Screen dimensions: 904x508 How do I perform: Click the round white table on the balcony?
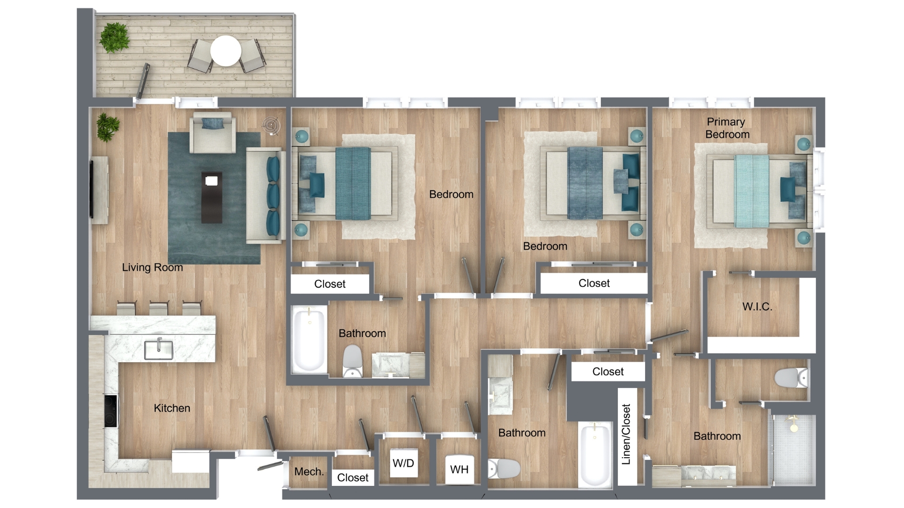click(x=226, y=51)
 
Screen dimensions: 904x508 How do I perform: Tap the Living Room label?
click(x=153, y=267)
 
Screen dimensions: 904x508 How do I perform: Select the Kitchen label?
click(x=172, y=408)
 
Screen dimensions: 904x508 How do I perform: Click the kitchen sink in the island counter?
click(x=158, y=349)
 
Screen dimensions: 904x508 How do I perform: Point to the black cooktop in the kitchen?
click(x=111, y=411)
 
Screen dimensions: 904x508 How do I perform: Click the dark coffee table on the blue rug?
click(x=211, y=197)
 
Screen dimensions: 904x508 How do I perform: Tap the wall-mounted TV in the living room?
click(x=92, y=189)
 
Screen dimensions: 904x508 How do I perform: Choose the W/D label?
click(x=404, y=463)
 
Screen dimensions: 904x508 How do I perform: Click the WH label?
click(x=459, y=469)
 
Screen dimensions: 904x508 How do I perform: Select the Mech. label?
click(x=309, y=472)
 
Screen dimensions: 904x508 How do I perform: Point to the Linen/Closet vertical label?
click(x=626, y=434)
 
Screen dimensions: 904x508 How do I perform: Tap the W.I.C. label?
click(x=757, y=307)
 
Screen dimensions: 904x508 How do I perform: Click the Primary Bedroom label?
click(x=727, y=128)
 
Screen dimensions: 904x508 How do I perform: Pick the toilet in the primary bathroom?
click(x=791, y=378)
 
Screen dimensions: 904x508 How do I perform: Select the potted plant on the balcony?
click(x=114, y=37)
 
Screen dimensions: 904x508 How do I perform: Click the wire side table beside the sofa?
click(x=272, y=125)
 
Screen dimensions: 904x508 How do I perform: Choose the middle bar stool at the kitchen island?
click(x=159, y=309)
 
